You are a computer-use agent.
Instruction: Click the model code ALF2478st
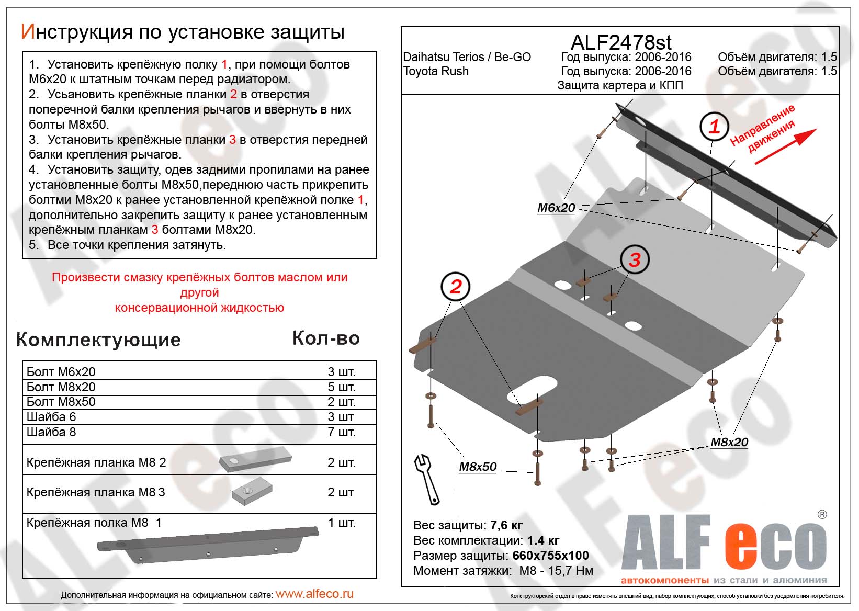click(621, 42)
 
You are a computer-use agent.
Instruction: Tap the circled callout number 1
click(714, 127)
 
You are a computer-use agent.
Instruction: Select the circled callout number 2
click(456, 287)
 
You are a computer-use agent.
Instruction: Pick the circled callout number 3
click(635, 259)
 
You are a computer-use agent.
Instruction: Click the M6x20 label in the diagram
click(556, 208)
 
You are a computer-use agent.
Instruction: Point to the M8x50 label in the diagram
click(477, 467)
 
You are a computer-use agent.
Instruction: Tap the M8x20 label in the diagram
click(729, 443)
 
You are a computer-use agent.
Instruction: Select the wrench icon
click(427, 478)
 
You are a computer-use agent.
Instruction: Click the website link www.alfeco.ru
click(314, 594)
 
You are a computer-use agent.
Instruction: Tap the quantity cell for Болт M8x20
click(341, 387)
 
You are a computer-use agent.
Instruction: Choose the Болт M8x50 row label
click(61, 402)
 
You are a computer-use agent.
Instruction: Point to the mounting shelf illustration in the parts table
click(208, 545)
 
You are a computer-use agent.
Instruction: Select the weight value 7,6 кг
click(506, 525)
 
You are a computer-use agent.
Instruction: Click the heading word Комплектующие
click(98, 340)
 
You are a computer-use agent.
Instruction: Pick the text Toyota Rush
click(436, 72)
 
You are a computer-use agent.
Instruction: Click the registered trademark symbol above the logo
click(822, 515)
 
